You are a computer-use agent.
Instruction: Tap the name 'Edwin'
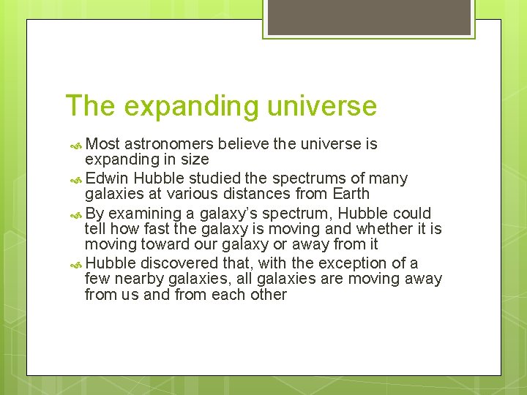(x=108, y=178)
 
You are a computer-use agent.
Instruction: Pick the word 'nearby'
(x=141, y=279)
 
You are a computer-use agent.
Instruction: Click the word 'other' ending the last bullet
(x=268, y=294)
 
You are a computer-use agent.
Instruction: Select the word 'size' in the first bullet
(x=194, y=159)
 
